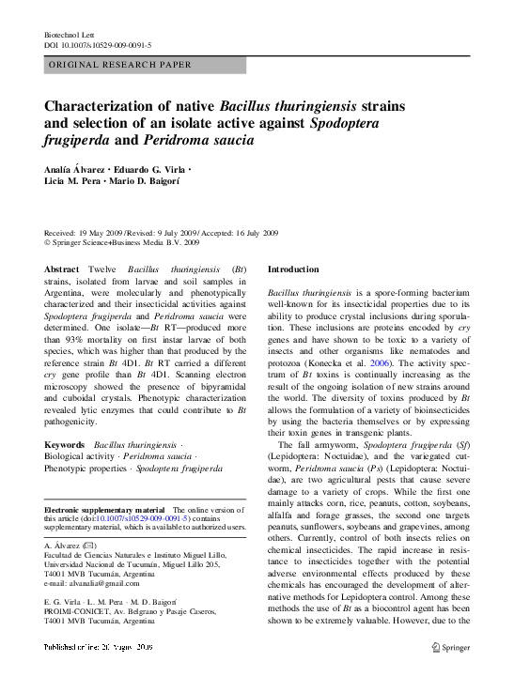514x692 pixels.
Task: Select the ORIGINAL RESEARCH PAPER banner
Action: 146,65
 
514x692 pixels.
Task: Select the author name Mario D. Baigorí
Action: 150,181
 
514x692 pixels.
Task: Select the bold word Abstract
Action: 62,269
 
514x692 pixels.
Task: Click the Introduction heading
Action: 293,269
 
